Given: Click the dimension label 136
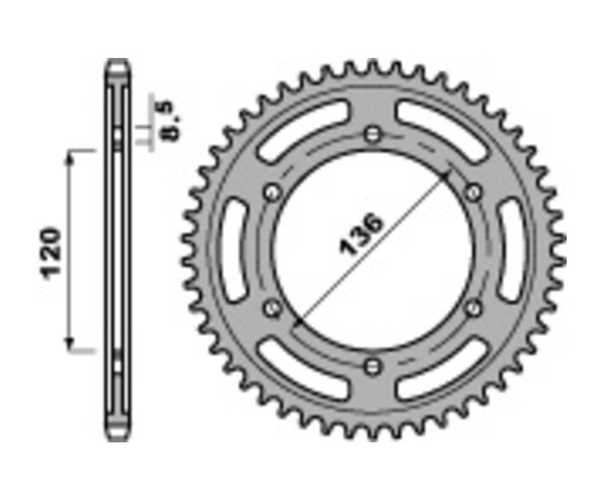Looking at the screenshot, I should (x=363, y=235).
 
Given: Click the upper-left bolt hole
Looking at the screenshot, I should (x=271, y=193).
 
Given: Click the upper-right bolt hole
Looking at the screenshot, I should (x=474, y=193).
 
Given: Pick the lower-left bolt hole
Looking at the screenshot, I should (x=271, y=308).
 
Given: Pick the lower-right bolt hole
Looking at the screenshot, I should (x=474, y=308).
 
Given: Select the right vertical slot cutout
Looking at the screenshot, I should (x=511, y=250).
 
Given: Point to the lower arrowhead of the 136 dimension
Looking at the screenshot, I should (x=297, y=324).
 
